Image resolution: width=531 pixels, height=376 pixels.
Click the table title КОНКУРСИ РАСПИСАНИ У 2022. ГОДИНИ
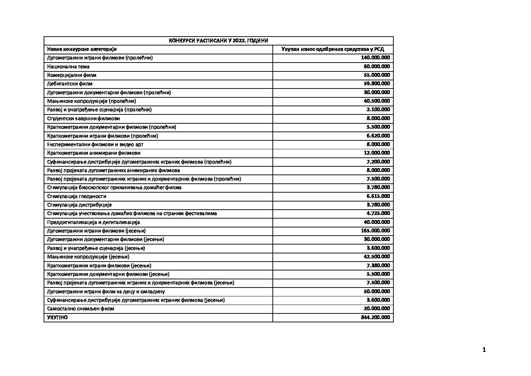[219, 41]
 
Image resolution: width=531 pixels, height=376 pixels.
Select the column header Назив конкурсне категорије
[82, 49]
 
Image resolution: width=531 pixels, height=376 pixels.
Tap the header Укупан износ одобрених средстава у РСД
[333, 49]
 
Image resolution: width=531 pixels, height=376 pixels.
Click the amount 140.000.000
[375, 58]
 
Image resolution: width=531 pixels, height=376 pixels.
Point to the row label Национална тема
[68, 66]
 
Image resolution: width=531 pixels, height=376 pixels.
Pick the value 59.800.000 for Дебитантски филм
[377, 84]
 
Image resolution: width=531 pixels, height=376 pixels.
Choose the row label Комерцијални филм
[72, 75]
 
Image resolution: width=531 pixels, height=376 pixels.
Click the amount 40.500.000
[377, 101]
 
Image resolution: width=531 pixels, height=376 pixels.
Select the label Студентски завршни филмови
[83, 118]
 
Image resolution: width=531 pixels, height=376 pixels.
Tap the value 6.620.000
[378, 135]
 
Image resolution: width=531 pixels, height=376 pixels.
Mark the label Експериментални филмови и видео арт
[95, 144]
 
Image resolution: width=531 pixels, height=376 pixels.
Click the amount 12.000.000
[377, 153]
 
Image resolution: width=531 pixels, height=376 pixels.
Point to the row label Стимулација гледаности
[77, 196]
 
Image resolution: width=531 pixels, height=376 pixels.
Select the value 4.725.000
[378, 213]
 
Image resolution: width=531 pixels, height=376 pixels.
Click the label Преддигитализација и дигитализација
[94, 222]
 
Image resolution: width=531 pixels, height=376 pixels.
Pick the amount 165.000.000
[375, 231]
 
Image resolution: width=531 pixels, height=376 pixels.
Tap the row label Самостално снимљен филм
[81, 308]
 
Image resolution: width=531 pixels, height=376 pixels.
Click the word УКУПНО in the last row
[57, 317]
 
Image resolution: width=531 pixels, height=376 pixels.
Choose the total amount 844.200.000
[375, 317]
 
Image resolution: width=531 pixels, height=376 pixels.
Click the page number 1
[484, 350]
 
